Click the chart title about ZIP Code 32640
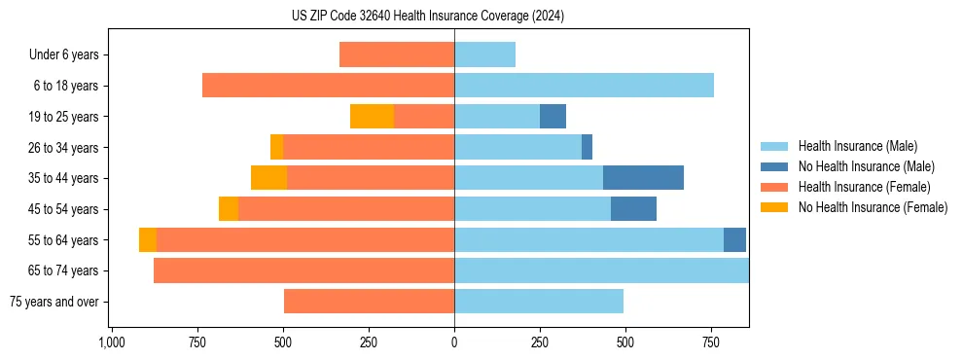[x=428, y=16]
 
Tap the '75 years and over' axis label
[x=53, y=303]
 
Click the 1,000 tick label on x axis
[x=112, y=342]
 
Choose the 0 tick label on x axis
[x=454, y=342]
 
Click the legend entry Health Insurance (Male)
[x=856, y=146]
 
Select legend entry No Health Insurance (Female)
[x=873, y=207]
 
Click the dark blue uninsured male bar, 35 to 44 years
[x=643, y=178]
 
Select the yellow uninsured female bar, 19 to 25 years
[x=372, y=117]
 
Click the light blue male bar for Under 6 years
[x=484, y=54]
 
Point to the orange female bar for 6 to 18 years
[x=328, y=86]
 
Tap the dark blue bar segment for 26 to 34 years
[x=587, y=147]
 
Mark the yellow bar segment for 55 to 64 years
[x=148, y=240]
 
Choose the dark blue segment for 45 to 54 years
[x=633, y=209]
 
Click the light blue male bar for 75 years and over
[x=539, y=302]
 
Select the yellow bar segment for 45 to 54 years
[x=229, y=209]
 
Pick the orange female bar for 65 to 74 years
[x=303, y=270]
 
